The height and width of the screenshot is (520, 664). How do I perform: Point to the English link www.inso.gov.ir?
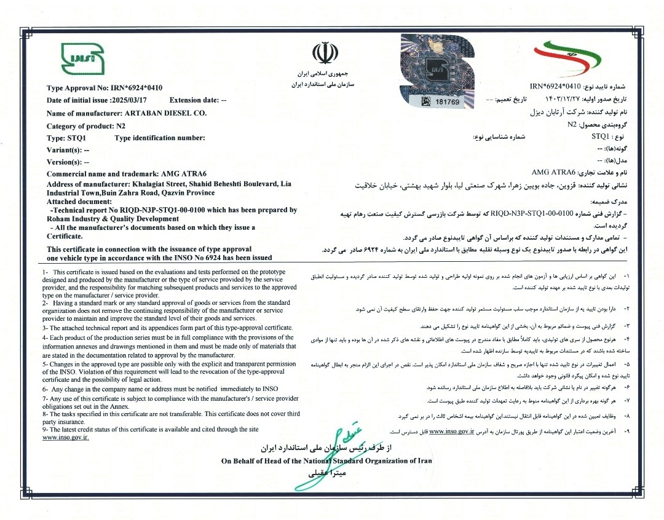click(66, 438)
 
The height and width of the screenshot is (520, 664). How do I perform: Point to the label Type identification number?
click(160, 138)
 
